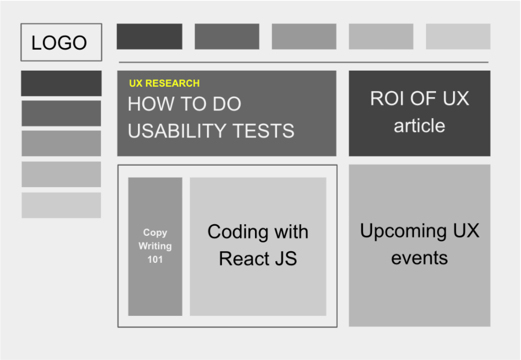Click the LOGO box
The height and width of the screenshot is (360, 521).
click(61, 42)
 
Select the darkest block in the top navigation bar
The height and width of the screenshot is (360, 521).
click(149, 36)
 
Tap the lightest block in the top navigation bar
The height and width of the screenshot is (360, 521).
click(458, 36)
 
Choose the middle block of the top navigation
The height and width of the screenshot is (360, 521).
click(304, 36)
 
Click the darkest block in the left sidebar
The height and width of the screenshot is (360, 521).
click(61, 83)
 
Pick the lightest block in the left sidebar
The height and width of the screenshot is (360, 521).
click(61, 205)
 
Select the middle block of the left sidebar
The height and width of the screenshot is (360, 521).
click(61, 143)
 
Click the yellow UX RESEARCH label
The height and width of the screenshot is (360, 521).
click(164, 83)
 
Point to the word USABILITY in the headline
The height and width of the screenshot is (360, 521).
click(177, 131)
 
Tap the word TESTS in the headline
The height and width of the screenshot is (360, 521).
click(263, 131)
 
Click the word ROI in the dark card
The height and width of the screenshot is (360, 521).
click(387, 98)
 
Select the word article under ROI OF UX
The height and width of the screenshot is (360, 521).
click(419, 126)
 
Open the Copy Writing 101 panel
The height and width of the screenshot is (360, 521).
click(155, 246)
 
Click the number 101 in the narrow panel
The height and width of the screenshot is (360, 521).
click(155, 260)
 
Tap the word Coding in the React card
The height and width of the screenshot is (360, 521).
click(236, 232)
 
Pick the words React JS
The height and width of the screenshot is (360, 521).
click(258, 258)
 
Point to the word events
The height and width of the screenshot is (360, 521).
click(419, 258)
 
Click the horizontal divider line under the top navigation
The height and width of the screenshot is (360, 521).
click(304, 62)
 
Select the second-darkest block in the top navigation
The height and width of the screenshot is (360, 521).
click(227, 36)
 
